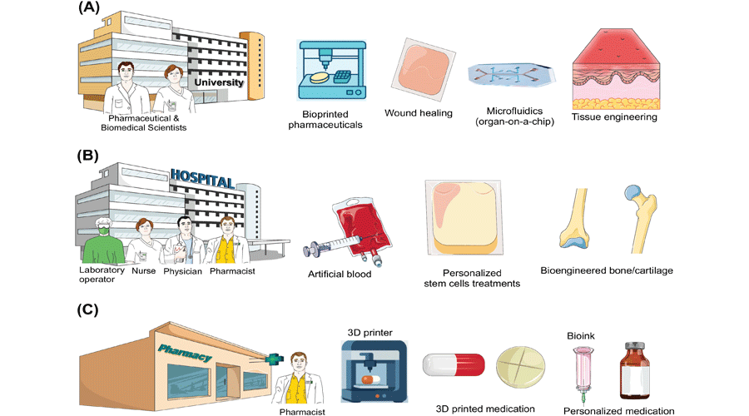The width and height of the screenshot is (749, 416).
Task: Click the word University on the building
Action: click(219, 83)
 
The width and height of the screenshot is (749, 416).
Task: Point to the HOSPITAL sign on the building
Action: click(202, 177)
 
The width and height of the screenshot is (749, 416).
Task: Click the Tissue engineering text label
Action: click(614, 117)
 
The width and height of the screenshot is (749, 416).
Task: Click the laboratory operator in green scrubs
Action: click(103, 240)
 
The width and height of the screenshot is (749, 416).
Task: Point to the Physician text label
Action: click(183, 271)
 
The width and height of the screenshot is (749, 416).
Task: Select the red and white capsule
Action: click(454, 366)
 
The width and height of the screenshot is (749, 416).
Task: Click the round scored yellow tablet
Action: click(523, 367)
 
